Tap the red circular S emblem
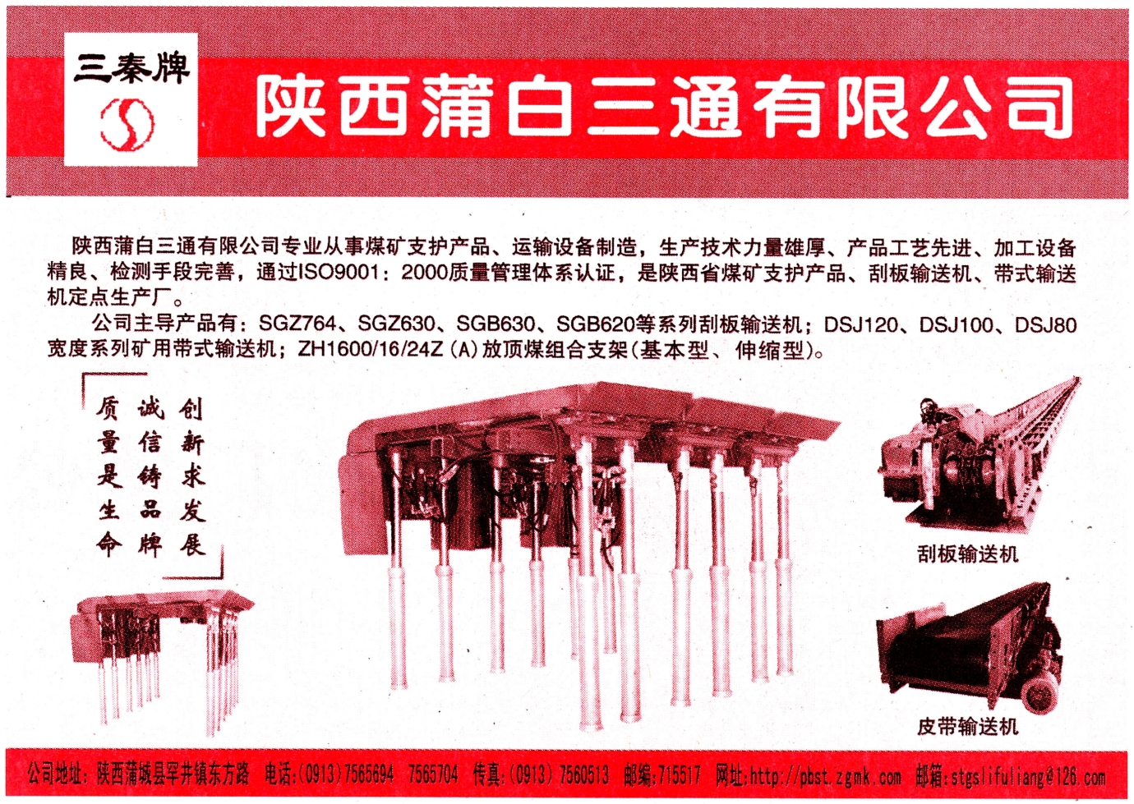(127, 122)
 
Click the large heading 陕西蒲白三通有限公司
(664, 108)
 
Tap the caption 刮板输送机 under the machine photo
(967, 554)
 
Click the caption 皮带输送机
(967, 727)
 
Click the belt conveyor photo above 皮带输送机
(968, 653)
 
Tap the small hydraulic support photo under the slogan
(162, 662)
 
